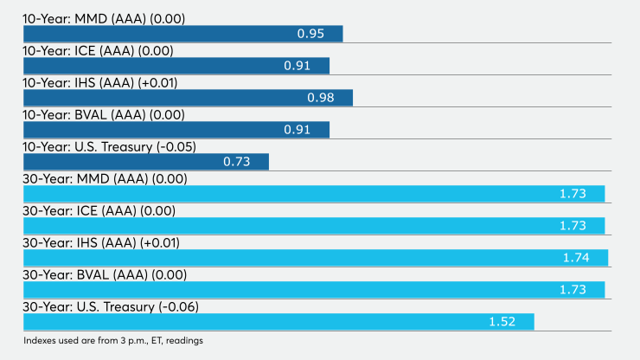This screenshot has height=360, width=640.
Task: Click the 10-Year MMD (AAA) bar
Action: (x=182, y=34)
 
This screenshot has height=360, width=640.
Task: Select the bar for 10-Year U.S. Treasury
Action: (x=146, y=162)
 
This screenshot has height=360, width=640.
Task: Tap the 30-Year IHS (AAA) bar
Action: (x=316, y=258)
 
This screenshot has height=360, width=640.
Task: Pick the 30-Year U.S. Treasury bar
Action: (x=278, y=322)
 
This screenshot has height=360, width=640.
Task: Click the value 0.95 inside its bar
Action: (x=310, y=34)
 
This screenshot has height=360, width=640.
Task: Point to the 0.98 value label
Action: (x=320, y=98)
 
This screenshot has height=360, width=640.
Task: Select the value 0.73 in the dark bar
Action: (x=237, y=162)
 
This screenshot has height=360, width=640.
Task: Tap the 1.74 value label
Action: (x=576, y=258)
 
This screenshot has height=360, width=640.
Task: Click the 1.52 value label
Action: (x=502, y=322)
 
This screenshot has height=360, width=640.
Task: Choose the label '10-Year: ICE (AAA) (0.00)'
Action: (x=98, y=51)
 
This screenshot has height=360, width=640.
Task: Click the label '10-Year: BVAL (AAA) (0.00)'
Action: (x=104, y=115)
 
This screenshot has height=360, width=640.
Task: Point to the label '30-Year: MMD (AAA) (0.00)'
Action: (x=105, y=179)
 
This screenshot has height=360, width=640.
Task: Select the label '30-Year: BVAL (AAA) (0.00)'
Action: (x=105, y=275)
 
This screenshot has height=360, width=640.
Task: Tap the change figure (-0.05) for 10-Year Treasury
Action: (x=176, y=147)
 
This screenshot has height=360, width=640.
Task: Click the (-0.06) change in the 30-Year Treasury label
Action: (x=179, y=307)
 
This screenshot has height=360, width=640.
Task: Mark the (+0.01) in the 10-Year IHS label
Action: (x=157, y=83)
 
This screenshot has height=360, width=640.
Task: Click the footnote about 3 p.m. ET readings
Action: (x=113, y=341)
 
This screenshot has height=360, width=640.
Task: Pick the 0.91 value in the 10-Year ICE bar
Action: (x=298, y=66)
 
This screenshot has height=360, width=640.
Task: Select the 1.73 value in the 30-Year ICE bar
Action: (x=573, y=226)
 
